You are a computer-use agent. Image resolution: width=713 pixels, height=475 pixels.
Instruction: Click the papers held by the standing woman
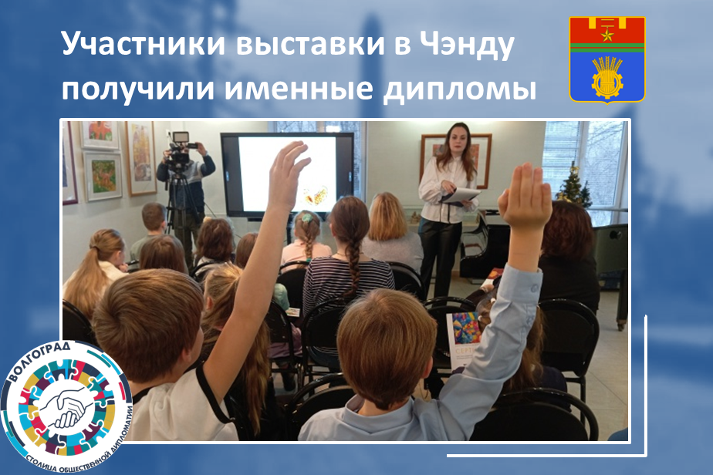[460, 195]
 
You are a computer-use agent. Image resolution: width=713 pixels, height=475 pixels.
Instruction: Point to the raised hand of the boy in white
[286, 173]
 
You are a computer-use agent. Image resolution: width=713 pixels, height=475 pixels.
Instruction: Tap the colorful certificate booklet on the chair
[463, 339]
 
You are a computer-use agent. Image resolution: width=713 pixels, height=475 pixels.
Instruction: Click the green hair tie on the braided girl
[307, 218]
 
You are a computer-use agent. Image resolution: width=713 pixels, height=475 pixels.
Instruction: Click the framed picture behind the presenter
[454, 159]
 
